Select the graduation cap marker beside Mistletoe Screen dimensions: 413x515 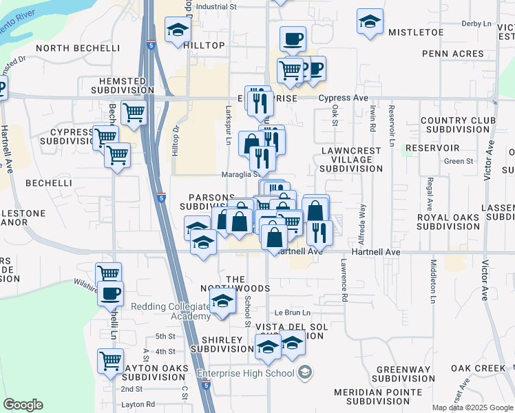pos(370,21)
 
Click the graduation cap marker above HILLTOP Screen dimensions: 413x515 pos(177,30)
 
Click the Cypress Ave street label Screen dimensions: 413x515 pos(343,98)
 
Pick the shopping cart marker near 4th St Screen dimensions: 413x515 pos(110,360)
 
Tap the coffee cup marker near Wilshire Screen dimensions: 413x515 pos(110,294)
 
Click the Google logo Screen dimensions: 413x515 pos(23,405)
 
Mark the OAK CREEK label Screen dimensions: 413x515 pos(479,368)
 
